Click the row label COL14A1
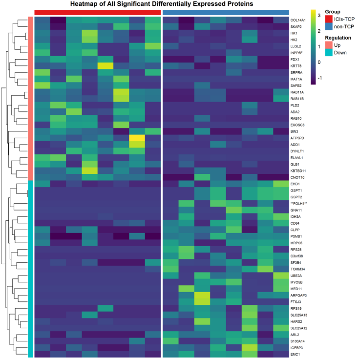pyautogui.click(x=301, y=21)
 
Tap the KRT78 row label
pyautogui.click(x=299, y=65)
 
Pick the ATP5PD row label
pyautogui.click(x=300, y=139)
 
